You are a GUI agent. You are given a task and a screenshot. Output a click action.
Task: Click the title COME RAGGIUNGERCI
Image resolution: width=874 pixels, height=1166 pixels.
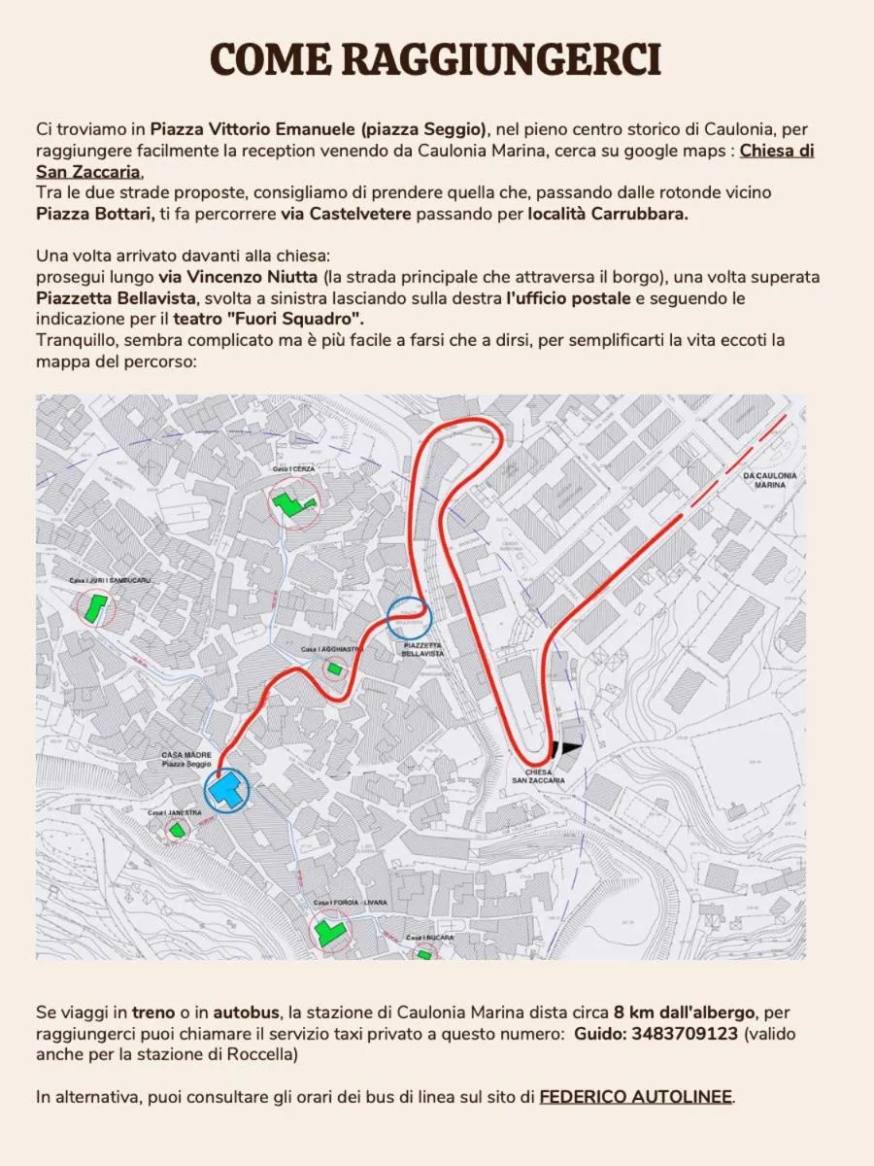436,60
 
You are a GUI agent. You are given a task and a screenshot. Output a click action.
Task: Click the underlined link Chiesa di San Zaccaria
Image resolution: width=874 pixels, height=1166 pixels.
776,151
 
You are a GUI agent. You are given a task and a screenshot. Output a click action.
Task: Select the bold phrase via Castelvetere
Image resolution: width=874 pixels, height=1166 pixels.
355,214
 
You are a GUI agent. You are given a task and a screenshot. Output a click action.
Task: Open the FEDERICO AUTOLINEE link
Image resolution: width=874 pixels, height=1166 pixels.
635,1097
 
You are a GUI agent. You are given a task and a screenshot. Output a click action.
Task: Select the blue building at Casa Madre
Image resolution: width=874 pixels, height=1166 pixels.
227,789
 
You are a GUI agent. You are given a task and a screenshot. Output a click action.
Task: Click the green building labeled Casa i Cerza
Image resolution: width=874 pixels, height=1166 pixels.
292,503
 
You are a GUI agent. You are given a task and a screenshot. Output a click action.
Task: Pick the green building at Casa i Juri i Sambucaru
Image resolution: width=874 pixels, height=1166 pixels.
94,609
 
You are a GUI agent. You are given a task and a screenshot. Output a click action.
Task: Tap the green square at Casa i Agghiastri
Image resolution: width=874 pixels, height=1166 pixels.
335,669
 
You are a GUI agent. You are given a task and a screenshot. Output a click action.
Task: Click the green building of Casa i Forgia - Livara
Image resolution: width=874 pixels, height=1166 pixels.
329,933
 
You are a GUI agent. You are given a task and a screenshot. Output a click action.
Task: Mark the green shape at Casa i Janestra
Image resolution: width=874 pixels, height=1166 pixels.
177,829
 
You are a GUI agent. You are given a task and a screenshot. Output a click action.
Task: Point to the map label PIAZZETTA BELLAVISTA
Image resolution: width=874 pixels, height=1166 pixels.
421,649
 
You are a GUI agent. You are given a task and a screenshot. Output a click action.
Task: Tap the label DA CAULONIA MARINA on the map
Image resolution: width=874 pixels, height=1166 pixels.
769,479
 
